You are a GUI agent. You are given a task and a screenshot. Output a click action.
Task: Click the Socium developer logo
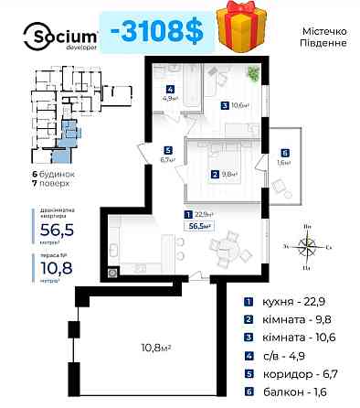(x=54, y=35)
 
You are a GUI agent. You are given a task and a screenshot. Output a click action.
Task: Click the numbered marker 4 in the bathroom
(x=171, y=89)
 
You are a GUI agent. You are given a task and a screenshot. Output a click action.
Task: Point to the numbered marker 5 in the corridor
(x=167, y=150)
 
